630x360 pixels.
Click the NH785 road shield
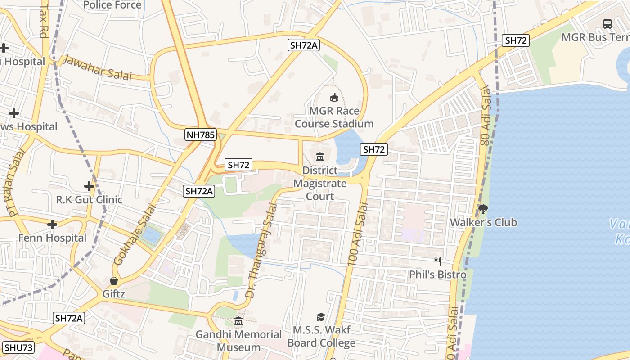[201, 134]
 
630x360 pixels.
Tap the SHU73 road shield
[18, 347]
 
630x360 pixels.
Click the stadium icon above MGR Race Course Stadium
[334, 97]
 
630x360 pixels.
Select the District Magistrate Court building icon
[320, 157]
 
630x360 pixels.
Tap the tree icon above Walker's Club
[483, 209]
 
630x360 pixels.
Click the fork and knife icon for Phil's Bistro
[437, 261]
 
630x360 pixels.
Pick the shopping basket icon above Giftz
[114, 281]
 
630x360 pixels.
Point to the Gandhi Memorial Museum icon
[238, 321]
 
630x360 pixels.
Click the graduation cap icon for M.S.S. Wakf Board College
[321, 317]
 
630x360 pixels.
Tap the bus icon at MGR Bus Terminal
[607, 23]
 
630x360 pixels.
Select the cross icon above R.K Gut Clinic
[89, 186]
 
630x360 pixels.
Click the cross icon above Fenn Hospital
[52, 224]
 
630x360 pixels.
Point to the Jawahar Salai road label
[97, 68]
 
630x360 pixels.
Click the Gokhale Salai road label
[135, 235]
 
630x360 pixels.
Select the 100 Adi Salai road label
[358, 233]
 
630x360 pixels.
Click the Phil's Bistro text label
[437, 274]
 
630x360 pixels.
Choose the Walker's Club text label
[483, 222]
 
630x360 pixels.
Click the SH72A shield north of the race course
[304, 45]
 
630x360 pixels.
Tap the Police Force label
[112, 5]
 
